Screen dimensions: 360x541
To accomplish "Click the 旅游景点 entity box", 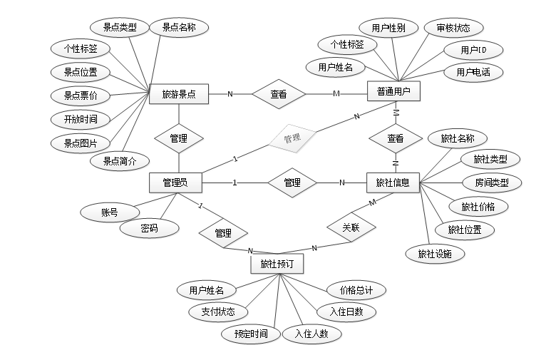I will [179, 93].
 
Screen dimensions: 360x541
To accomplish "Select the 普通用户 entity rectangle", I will [393, 91].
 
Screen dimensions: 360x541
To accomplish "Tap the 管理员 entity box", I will [175, 182].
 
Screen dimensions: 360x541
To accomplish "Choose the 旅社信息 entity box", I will [393, 182].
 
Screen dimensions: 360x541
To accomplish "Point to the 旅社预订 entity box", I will [277, 264].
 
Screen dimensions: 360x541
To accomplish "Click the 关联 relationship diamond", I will [351, 228].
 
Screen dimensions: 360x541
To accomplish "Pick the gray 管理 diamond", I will [292, 138].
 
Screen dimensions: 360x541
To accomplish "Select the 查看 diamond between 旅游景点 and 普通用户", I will [279, 93].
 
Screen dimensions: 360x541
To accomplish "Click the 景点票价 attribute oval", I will [81, 95].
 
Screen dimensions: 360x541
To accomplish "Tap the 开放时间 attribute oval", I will [81, 118].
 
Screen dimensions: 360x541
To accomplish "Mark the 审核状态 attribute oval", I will [453, 28].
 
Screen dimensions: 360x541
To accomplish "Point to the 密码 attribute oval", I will [149, 228].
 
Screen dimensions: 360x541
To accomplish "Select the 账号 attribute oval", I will [109, 212].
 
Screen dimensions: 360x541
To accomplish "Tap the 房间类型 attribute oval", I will [491, 182].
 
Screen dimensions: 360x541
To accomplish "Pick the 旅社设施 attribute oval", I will [435, 253].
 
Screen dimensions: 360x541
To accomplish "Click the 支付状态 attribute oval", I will [218, 312].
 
